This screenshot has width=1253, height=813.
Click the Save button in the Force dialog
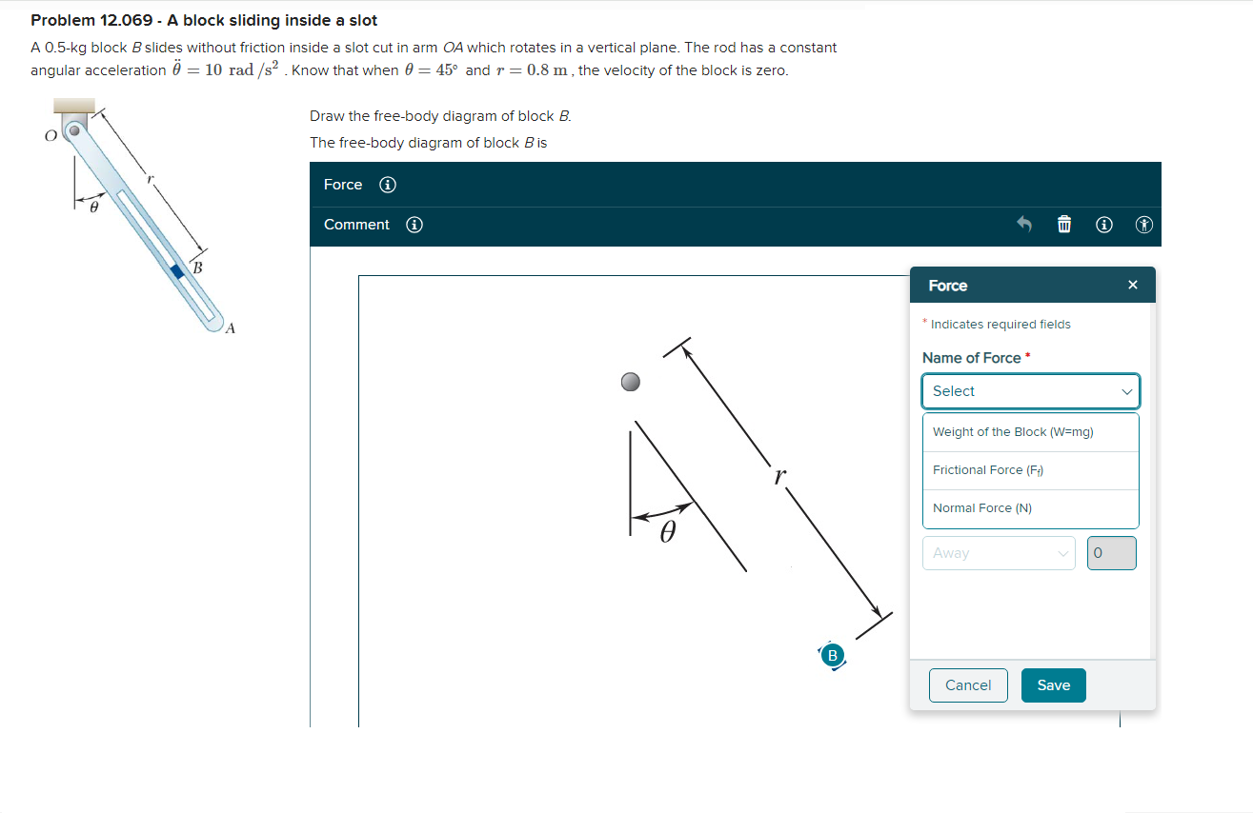[x=1053, y=685]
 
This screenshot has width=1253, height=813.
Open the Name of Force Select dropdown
[x=1030, y=391]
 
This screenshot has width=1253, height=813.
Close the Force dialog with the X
[x=1132, y=286]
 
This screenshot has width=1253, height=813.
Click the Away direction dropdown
[x=998, y=553]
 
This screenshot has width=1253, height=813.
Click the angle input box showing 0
[x=1111, y=553]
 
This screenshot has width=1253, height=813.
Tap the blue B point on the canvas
[x=832, y=655]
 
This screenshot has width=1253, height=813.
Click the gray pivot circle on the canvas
[x=630, y=383]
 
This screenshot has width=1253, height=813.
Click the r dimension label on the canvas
[x=780, y=476]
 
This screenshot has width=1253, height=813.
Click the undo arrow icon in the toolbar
[x=1024, y=226]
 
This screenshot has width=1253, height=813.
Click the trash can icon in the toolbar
[x=1064, y=226]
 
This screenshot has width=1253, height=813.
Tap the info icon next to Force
[x=388, y=185]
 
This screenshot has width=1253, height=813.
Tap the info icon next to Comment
[x=414, y=226]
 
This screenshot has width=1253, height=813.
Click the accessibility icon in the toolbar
[x=1144, y=226]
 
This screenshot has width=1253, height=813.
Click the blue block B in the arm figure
[x=176, y=271]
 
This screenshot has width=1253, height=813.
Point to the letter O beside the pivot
[x=51, y=136]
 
